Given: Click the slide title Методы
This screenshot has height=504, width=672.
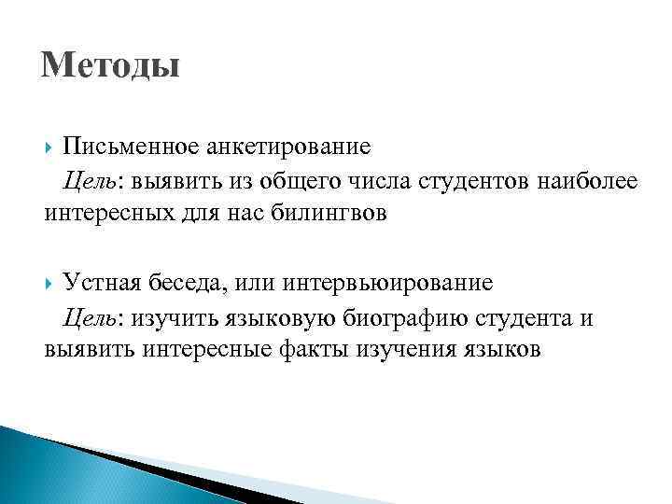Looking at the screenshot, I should pos(110,66).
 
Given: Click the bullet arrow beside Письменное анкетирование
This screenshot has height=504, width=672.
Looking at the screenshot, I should pos(49,147).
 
